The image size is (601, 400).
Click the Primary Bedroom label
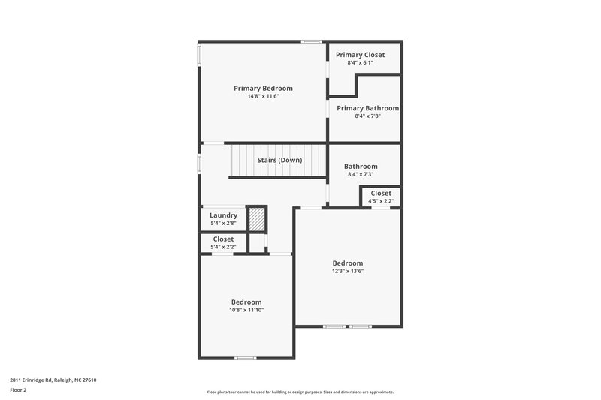click(x=263, y=89)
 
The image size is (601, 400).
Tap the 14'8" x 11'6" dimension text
click(x=263, y=97)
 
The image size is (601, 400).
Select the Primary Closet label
click(x=360, y=55)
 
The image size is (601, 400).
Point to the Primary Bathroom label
click(x=367, y=108)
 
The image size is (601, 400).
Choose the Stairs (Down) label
click(x=279, y=161)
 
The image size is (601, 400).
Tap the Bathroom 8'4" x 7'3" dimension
click(x=361, y=174)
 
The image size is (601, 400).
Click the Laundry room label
click(x=223, y=215)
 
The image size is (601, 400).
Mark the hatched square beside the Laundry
click(x=258, y=218)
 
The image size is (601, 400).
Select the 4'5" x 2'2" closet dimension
click(x=381, y=201)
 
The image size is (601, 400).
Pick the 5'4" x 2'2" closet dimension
click(x=223, y=247)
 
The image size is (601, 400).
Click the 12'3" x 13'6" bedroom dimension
click(x=348, y=272)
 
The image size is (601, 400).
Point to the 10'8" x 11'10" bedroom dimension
click(x=246, y=310)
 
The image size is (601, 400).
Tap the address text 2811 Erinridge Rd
click(x=53, y=380)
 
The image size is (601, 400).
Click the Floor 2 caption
click(x=18, y=390)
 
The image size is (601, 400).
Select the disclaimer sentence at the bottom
click(x=300, y=392)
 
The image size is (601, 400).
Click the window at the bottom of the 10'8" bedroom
click(x=246, y=358)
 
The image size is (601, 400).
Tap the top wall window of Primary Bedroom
click(x=311, y=41)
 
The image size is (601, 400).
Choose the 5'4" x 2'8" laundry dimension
click(x=223, y=223)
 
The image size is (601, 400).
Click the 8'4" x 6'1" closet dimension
click(x=360, y=63)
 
